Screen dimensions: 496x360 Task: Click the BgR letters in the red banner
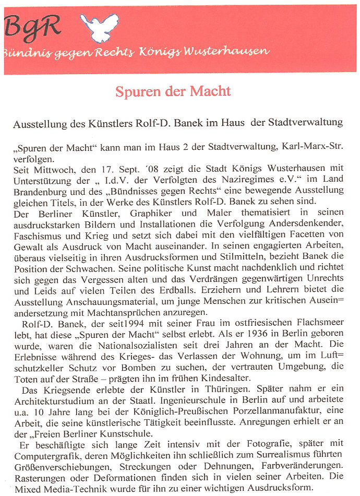tap(32, 25)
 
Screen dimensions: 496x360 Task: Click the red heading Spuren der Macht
tap(173, 91)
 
